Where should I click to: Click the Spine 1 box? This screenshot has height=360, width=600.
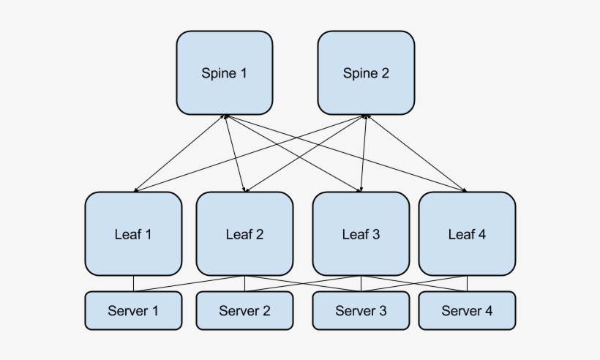pos(224,72)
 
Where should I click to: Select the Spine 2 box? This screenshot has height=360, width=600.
pos(366,72)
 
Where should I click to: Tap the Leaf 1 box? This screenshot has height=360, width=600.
pos(133,234)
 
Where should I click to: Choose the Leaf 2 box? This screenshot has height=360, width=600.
pos(244,234)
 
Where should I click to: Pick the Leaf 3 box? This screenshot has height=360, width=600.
pos(361,234)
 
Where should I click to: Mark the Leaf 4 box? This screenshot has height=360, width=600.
pos(467,234)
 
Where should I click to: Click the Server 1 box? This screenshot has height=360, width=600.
pos(133,310)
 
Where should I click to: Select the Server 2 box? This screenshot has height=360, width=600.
pos(244,310)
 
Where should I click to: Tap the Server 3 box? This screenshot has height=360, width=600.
pos(361,310)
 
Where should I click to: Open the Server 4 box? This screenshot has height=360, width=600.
pos(467,310)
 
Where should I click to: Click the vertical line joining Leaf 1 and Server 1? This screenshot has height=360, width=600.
pos(133,283)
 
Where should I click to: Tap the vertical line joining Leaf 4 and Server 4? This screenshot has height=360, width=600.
pos(467,283)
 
